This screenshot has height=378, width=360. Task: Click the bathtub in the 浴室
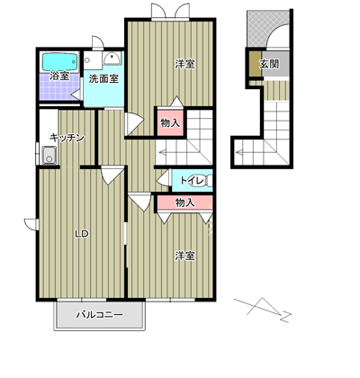(60, 62)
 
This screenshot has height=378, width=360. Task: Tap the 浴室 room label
(59, 76)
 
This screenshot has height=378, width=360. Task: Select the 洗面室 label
(103, 79)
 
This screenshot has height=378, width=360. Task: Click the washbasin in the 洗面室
(112, 58)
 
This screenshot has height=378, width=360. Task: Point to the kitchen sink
(49, 155)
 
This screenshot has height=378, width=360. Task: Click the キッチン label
(67, 138)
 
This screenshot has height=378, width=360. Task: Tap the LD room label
(81, 233)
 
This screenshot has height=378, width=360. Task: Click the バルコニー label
(99, 315)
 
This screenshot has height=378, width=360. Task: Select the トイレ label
(193, 181)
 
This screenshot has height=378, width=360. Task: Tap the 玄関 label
(269, 64)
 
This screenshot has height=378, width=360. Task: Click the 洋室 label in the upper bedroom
(184, 64)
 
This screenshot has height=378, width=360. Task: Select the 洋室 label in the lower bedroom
(184, 256)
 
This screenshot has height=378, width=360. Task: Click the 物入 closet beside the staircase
(170, 122)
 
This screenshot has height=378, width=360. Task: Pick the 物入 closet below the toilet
(184, 202)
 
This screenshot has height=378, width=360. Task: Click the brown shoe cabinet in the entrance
(256, 64)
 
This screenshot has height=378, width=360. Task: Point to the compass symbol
(263, 310)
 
